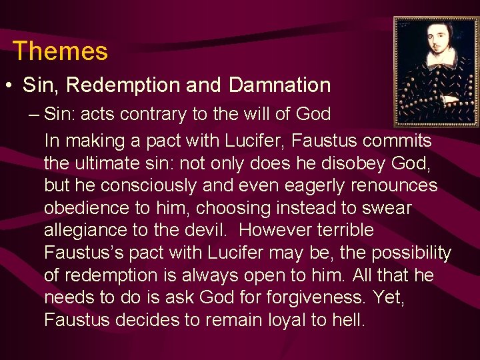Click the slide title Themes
pyautogui.click(x=60, y=51)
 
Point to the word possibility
pyautogui.click(x=411, y=253)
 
